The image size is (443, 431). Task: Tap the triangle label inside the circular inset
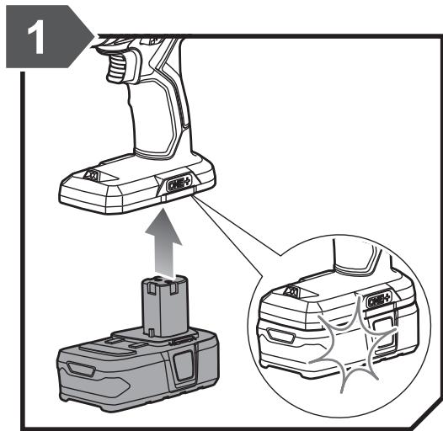[x=292, y=291]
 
